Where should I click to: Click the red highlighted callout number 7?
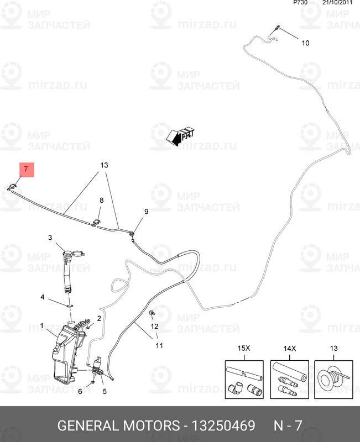[x=27, y=170]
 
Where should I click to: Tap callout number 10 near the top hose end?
[x=305, y=43]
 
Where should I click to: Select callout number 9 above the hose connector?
[x=147, y=212]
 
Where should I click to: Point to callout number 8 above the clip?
[x=101, y=200]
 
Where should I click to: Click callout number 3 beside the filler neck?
[x=50, y=238]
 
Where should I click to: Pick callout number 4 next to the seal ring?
[x=42, y=297]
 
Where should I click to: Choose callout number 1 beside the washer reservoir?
[x=42, y=326]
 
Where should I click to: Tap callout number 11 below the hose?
[x=159, y=346]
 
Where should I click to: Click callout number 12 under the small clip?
[x=155, y=326]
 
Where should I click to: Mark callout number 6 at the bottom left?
[x=80, y=392]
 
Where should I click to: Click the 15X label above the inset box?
[x=244, y=349]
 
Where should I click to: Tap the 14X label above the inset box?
[x=290, y=349]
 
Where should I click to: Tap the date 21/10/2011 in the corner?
[x=337, y=3]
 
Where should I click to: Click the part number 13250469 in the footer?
[x=223, y=426]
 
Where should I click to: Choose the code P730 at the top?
[x=301, y=3]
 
